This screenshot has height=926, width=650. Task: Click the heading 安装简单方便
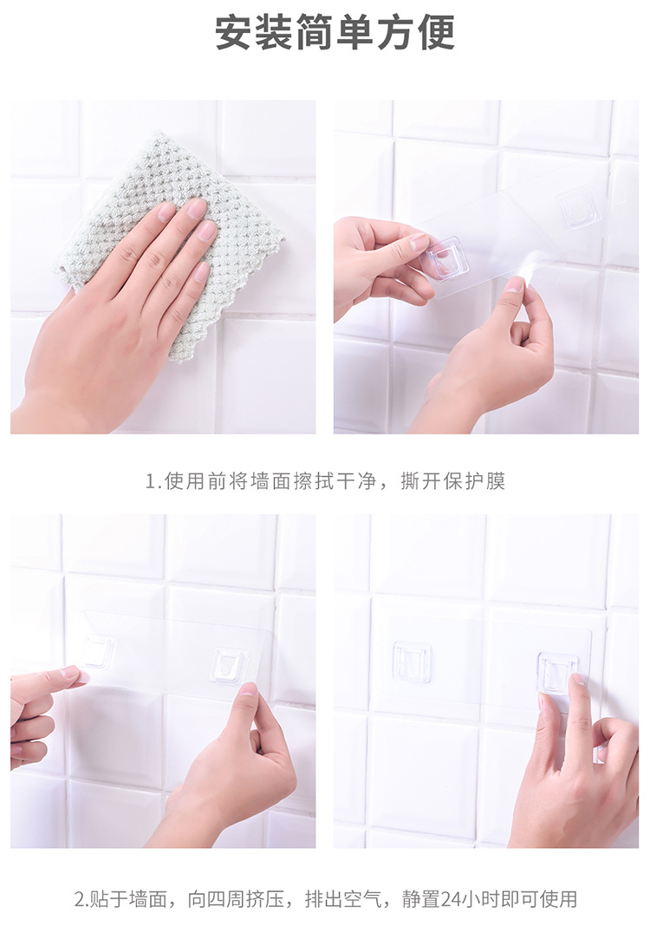pyautogui.click(x=335, y=33)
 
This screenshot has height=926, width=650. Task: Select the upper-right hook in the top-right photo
pyautogui.click(x=578, y=209)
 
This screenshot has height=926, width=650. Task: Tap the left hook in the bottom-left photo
pyautogui.click(x=98, y=651)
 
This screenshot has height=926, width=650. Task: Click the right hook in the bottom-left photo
pyautogui.click(x=229, y=665)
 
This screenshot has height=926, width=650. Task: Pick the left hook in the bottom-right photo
pyautogui.click(x=411, y=662)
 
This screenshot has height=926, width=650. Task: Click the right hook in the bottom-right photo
pyautogui.click(x=556, y=672)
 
